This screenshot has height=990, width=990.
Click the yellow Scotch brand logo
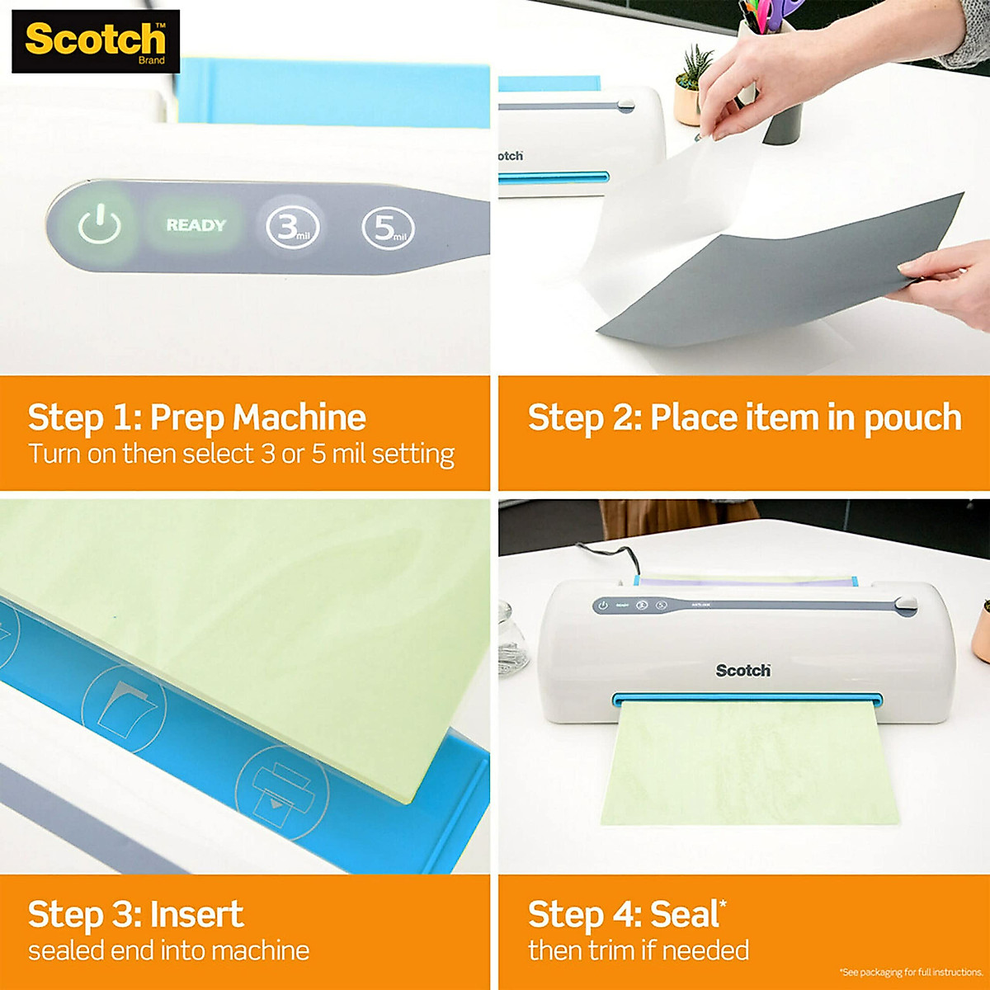coord(95,40)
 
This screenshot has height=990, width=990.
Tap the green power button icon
coord(99,225)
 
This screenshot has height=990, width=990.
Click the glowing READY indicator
coord(196,225)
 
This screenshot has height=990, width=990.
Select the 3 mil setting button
coord(292,227)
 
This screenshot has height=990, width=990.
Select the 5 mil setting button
coord(388,228)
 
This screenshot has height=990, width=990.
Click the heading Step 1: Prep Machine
coord(196,417)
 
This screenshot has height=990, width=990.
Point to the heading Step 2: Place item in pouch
coord(744,417)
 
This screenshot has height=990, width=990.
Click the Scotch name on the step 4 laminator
coord(742,671)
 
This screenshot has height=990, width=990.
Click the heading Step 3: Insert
coord(135,914)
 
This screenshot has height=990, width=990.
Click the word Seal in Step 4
coord(683,914)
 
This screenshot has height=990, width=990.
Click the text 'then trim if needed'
coord(638,950)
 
